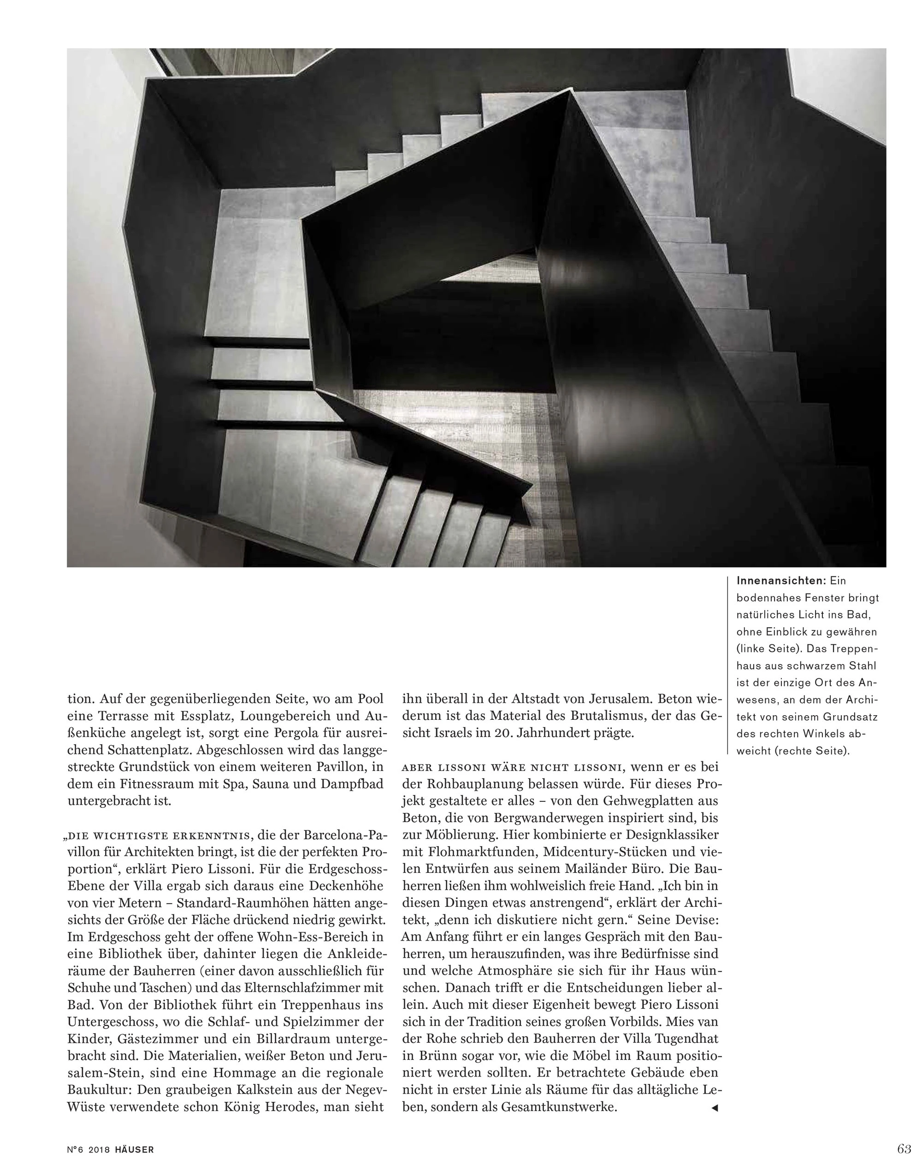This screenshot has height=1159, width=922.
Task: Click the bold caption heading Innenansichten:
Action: coord(780,581)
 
